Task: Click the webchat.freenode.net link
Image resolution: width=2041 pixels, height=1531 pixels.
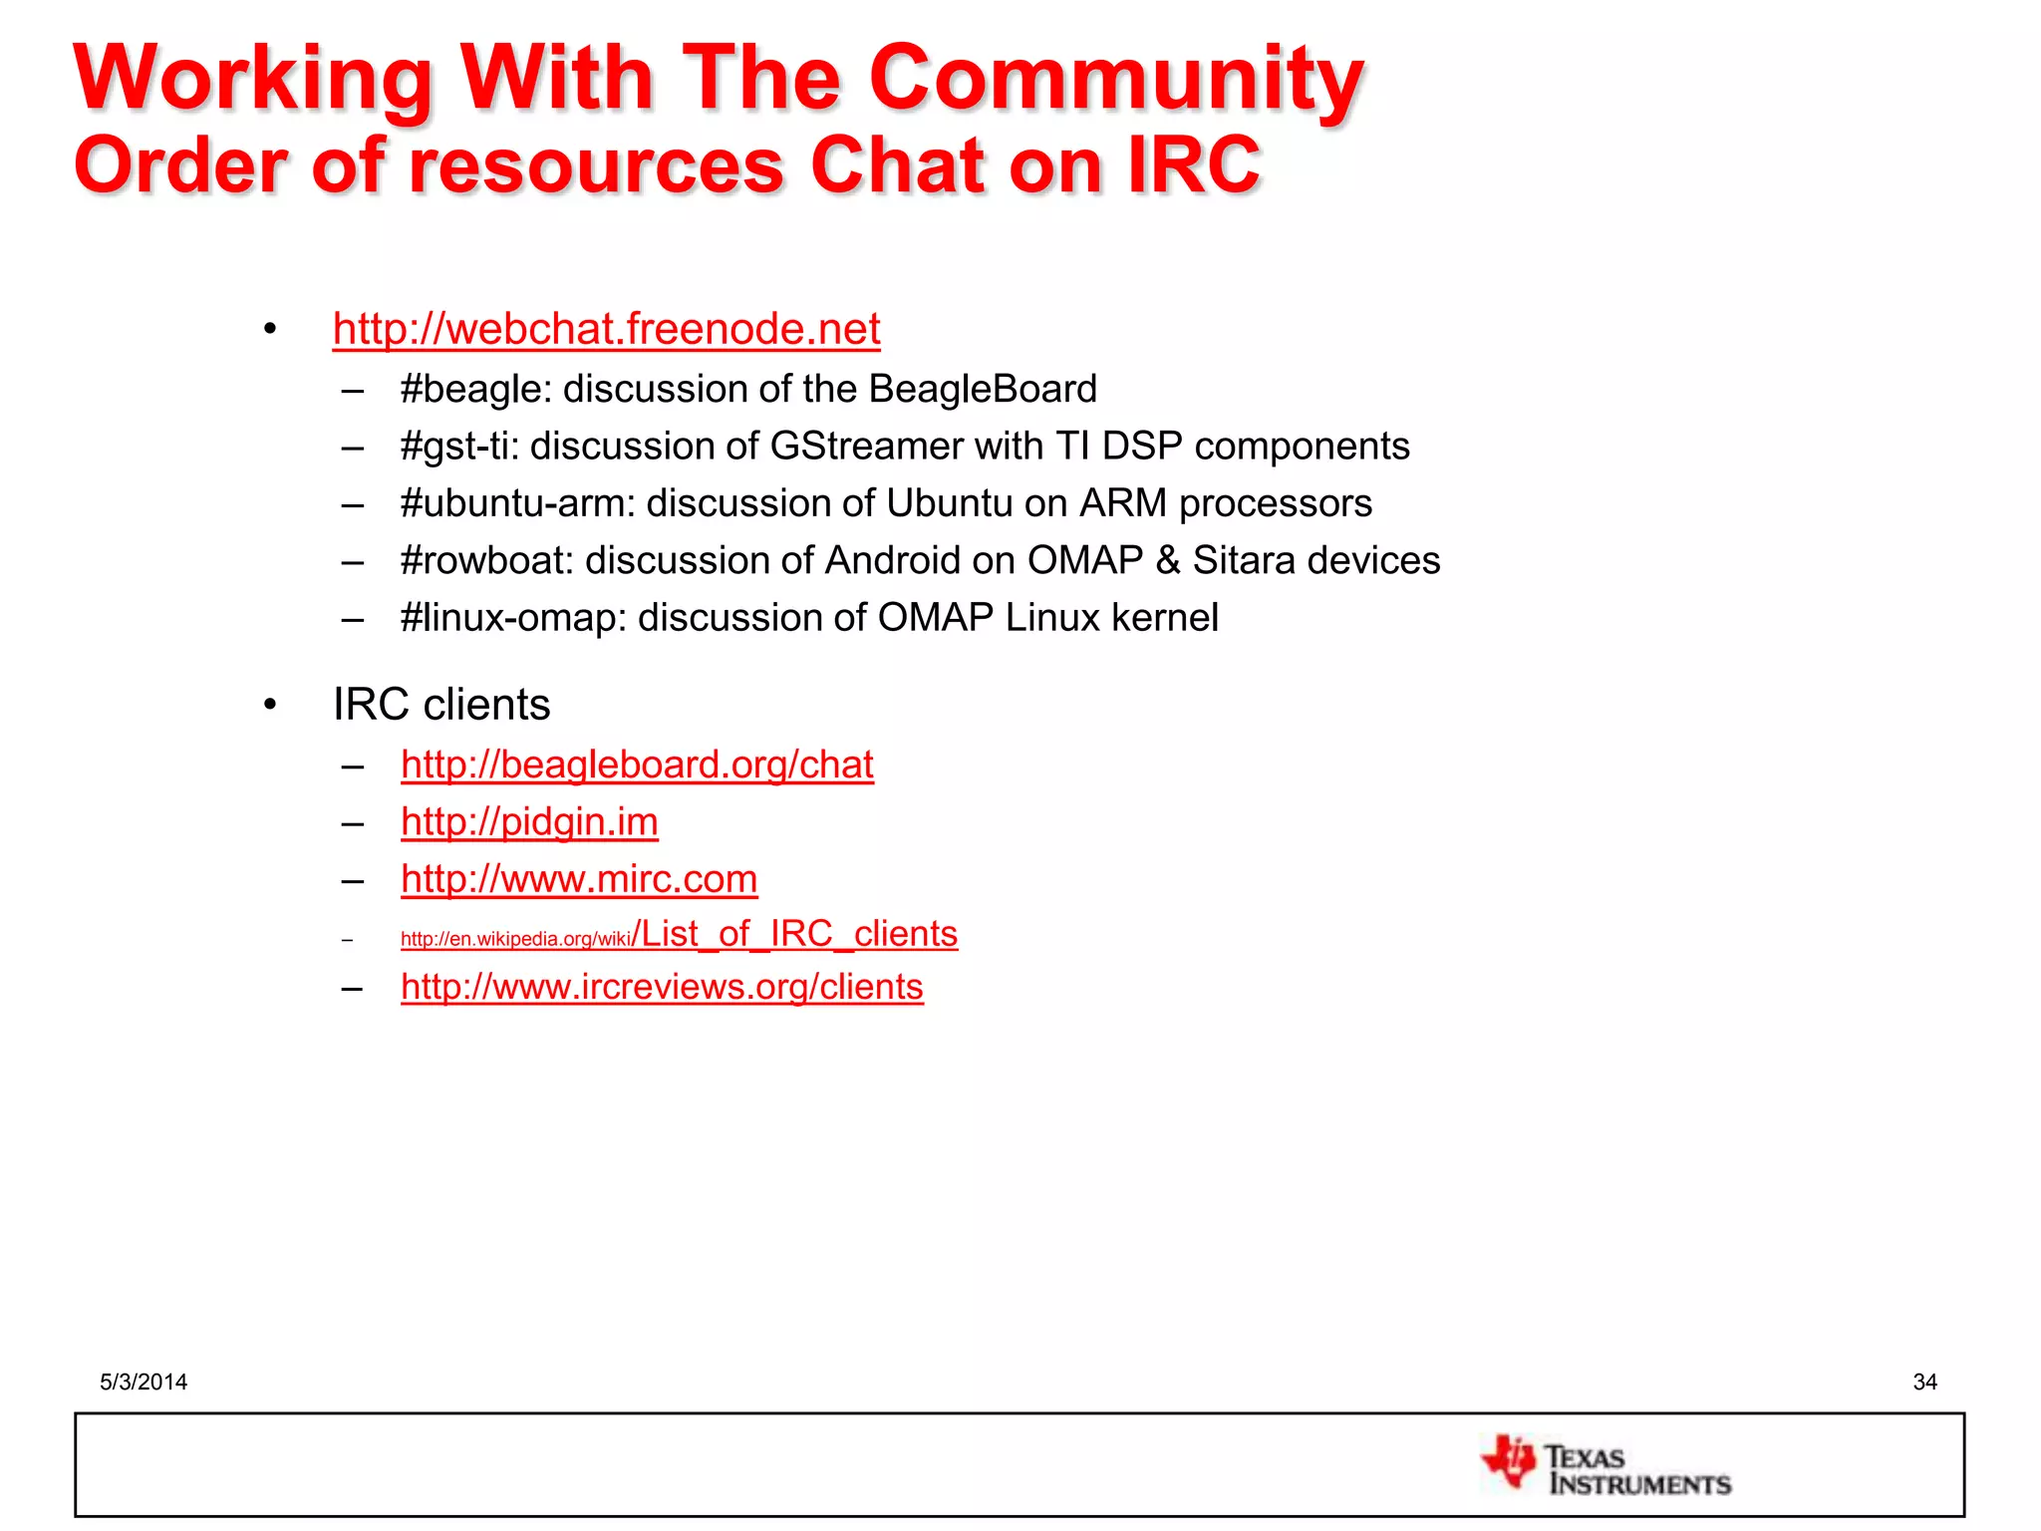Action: pyautogui.click(x=606, y=330)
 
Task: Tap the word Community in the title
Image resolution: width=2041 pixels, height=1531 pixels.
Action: pyautogui.click(x=1115, y=80)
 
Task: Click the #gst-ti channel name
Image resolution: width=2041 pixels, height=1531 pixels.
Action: pyautogui.click(x=458, y=447)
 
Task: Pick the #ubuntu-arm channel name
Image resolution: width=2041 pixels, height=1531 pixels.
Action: pyautogui.click(x=516, y=503)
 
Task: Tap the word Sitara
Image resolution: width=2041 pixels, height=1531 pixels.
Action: pyautogui.click(x=1243, y=561)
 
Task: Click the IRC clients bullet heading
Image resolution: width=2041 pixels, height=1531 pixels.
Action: pyautogui.click(x=440, y=705)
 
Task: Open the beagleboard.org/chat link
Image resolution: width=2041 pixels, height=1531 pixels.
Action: pyautogui.click(x=637, y=765)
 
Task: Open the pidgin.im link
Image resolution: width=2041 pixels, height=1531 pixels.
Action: pyautogui.click(x=529, y=822)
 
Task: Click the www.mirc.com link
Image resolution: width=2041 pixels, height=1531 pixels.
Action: pyautogui.click(x=579, y=879)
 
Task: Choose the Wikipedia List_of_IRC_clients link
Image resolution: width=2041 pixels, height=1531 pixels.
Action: pyautogui.click(x=679, y=935)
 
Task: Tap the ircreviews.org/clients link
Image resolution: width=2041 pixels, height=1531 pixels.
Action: pyautogui.click(x=662, y=987)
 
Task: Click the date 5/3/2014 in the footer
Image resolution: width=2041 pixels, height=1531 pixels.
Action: pyautogui.click(x=144, y=1381)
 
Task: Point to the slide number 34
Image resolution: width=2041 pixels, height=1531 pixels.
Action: pyautogui.click(x=1924, y=1381)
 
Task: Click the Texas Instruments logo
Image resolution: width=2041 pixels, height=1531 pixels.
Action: pyautogui.click(x=1605, y=1466)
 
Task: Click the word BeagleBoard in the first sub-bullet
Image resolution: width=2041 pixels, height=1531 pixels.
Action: pyautogui.click(x=982, y=390)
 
